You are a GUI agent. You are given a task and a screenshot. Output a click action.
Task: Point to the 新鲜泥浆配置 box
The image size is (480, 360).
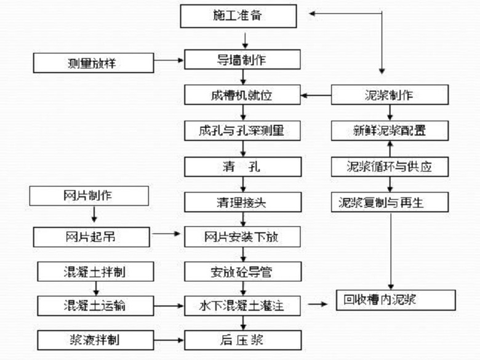[389, 130]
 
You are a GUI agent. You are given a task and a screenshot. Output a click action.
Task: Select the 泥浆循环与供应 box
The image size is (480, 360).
[389, 166]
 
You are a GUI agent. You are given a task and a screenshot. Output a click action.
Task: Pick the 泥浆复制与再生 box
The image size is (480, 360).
[389, 201]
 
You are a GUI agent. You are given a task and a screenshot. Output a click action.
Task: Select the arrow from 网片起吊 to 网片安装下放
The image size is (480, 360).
[166, 234]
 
